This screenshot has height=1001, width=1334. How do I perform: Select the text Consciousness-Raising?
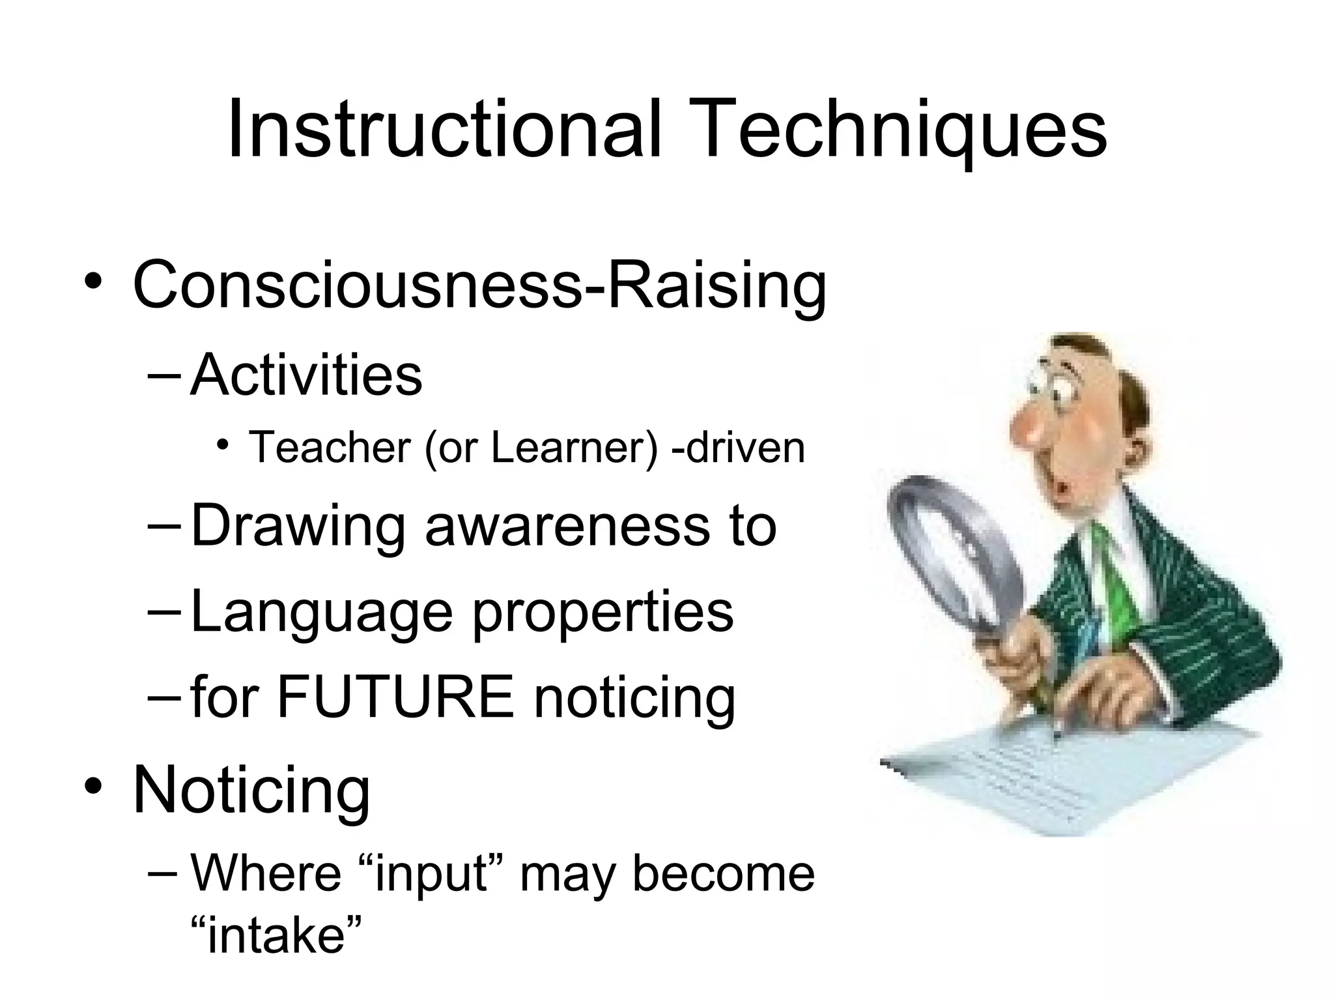[479, 284]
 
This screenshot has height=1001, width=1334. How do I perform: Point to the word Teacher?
[330, 448]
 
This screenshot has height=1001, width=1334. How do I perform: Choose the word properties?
[603, 613]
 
